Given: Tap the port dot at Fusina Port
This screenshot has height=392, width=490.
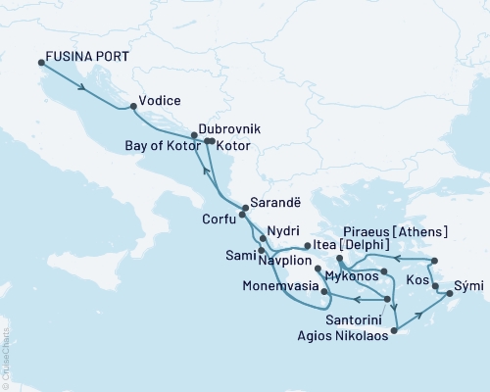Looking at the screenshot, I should click(40, 63).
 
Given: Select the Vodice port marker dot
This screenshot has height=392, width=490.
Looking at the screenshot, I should click(132, 106).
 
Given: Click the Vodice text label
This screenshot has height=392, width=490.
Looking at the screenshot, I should click(160, 100).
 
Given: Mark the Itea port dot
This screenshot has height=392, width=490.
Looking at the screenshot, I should click(307, 246).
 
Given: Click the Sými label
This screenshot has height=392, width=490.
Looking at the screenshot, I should click(468, 292).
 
